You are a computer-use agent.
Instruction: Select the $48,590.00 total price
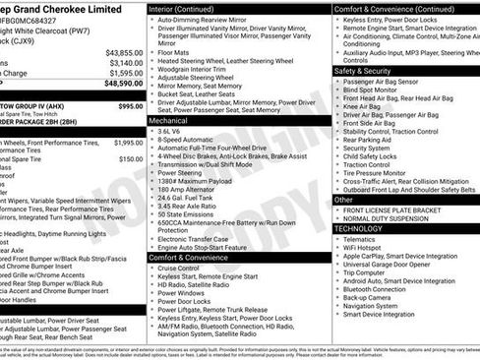123,85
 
